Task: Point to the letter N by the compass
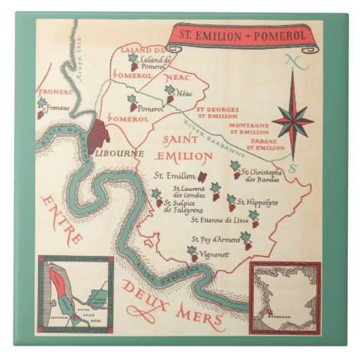point(293,62)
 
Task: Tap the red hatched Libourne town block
point(102,130)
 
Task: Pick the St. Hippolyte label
point(258,202)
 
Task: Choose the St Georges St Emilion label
point(216,112)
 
